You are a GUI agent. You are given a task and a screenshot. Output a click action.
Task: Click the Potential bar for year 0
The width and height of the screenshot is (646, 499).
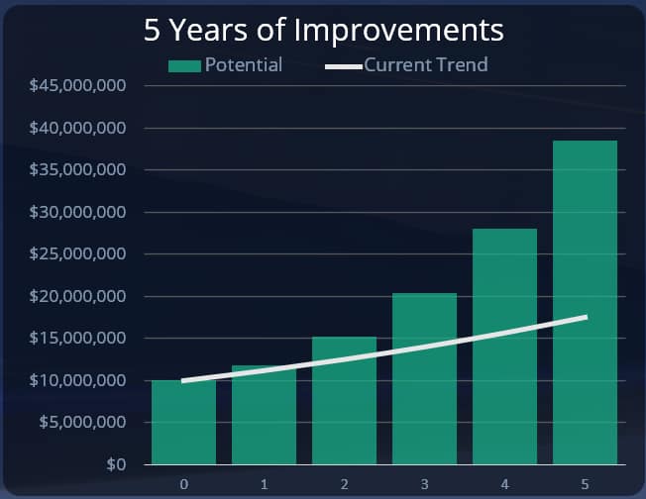183,423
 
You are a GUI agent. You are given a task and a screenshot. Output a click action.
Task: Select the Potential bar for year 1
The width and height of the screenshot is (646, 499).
264,416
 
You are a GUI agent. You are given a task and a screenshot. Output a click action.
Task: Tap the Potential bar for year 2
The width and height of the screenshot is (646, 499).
344,401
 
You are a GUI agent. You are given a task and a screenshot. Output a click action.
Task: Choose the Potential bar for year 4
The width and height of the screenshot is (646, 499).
504,347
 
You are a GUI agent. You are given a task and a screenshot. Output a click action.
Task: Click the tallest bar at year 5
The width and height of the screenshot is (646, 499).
585,302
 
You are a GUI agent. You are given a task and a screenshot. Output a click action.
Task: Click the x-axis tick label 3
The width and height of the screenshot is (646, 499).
424,484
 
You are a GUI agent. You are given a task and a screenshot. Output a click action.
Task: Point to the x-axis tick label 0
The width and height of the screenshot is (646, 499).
184,484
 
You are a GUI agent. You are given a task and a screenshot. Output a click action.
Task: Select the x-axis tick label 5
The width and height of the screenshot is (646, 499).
585,484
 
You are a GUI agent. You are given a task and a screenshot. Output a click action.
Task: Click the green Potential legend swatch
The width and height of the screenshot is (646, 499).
184,66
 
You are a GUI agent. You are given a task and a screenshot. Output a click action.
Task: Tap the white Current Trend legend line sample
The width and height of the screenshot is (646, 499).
343,66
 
